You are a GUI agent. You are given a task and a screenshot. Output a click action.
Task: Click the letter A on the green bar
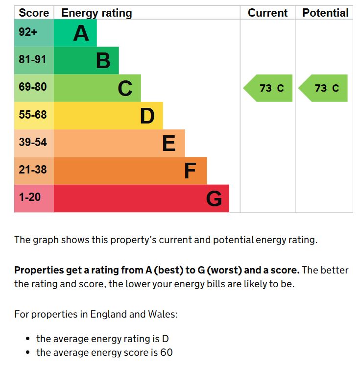tap(81, 33)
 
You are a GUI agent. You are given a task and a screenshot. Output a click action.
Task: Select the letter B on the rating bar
tap(103, 61)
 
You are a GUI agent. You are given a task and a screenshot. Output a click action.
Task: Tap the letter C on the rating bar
tap(125, 89)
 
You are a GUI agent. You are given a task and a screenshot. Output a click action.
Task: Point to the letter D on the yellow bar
tap(147, 116)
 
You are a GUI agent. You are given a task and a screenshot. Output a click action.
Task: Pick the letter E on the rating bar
tap(168, 144)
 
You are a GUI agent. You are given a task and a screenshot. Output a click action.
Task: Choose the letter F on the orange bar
tap(190, 171)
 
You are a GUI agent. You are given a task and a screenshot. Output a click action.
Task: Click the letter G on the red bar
tap(214, 199)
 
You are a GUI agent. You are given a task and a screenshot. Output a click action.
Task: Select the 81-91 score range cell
tap(33, 60)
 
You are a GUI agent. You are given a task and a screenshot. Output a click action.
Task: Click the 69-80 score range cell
tap(33, 87)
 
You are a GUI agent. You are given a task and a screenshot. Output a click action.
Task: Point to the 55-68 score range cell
tap(33, 115)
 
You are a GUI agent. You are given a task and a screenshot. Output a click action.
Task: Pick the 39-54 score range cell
tap(33, 142)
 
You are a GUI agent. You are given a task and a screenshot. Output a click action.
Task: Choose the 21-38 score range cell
tap(33, 170)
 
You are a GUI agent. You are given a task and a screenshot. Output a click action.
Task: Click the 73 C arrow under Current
tap(269, 88)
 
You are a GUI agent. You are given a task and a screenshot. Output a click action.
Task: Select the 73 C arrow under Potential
tap(324, 88)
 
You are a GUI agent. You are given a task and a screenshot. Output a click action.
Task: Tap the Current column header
tap(267, 13)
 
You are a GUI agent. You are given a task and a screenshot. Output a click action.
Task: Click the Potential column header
tap(325, 13)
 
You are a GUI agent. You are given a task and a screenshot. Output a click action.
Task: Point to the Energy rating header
tap(96, 13)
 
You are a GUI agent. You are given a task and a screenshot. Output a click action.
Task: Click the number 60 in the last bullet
tap(166, 352)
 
